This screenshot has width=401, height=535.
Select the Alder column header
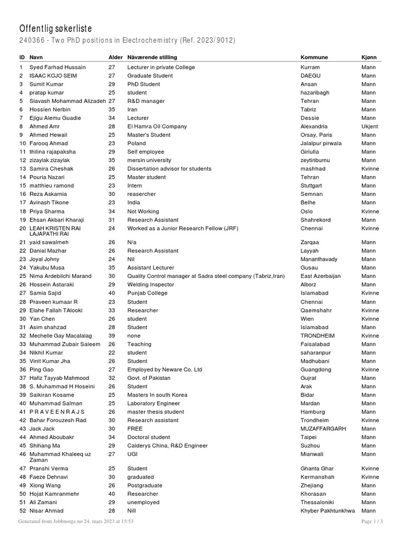115,57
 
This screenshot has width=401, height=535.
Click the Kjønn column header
369,57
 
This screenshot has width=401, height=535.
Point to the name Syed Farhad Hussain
57,67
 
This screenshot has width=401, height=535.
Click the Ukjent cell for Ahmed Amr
370,126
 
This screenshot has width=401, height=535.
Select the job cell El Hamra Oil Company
157,126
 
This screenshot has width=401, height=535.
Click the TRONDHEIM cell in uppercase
317,336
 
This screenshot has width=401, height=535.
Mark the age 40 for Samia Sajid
112,294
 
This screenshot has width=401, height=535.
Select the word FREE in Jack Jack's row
135,429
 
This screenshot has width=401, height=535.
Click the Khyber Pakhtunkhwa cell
327,511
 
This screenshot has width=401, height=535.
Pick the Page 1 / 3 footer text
372,521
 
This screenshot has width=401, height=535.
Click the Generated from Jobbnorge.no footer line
76,521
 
